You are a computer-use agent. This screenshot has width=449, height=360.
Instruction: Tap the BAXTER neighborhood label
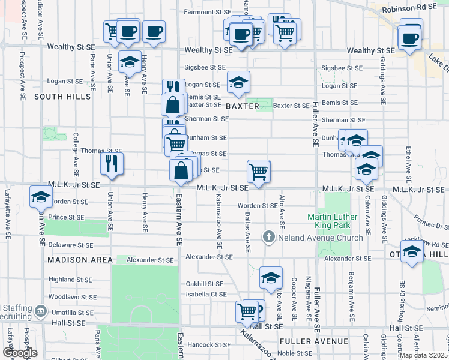[243, 106]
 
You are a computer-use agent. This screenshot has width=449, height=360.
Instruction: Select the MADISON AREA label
[80, 260]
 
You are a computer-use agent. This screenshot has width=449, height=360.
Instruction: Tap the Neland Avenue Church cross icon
[268, 238]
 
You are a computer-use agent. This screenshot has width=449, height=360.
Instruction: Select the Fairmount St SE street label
[208, 12]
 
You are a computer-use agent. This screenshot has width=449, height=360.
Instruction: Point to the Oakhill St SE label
[205, 284]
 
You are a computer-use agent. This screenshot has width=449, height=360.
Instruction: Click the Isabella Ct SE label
[205, 295]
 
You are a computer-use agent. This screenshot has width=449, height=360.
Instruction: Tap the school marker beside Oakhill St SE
[271, 277]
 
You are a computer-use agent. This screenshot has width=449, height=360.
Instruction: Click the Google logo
[19, 353]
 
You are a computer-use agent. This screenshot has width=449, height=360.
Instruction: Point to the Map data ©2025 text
[423, 355]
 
